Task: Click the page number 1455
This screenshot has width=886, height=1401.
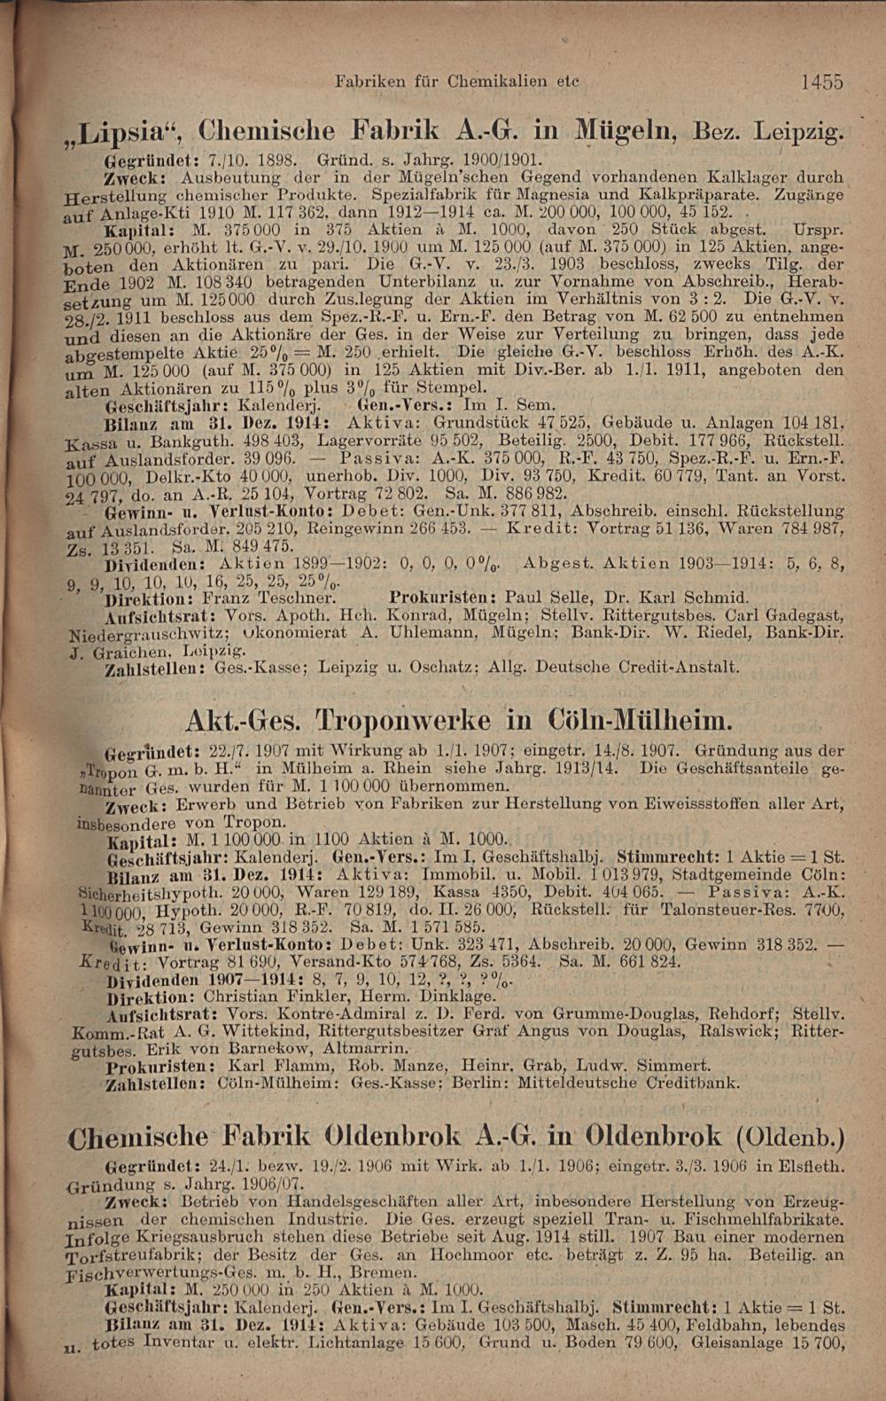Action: pyautogui.click(x=820, y=82)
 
